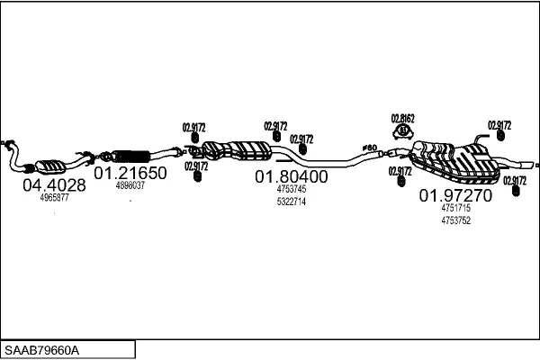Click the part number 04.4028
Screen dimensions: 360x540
click(54, 185)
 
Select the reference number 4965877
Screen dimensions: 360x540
click(54, 197)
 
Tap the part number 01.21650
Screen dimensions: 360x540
click(130, 173)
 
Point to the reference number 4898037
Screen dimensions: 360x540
click(130, 184)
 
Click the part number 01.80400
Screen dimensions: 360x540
click(291, 177)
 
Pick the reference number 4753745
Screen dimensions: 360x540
click(291, 190)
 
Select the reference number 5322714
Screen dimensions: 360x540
click(291, 202)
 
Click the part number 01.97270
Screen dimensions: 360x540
click(455, 194)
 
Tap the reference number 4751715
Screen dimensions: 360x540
click(455, 208)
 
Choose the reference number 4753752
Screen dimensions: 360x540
click(455, 220)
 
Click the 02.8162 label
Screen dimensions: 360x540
click(402, 119)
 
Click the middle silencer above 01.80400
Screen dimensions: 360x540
click(236, 148)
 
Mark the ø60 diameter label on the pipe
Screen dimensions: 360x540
click(368, 147)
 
